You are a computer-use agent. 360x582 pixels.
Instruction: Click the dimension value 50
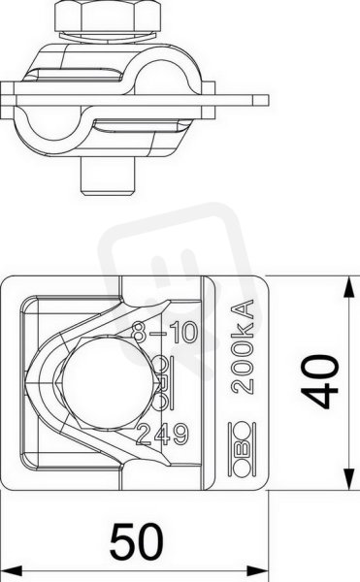coord(137,541)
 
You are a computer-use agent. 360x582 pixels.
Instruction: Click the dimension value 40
coord(320,382)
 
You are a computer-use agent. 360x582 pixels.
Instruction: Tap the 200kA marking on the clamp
coord(243,346)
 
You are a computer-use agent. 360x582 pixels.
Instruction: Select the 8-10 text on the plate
coord(166,332)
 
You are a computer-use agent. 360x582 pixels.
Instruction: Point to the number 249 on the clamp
coord(163,434)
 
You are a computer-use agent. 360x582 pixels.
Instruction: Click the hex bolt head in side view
coord(108,16)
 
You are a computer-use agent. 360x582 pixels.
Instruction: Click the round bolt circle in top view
coord(108,383)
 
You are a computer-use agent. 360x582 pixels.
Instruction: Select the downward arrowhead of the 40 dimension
coord(348,480)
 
